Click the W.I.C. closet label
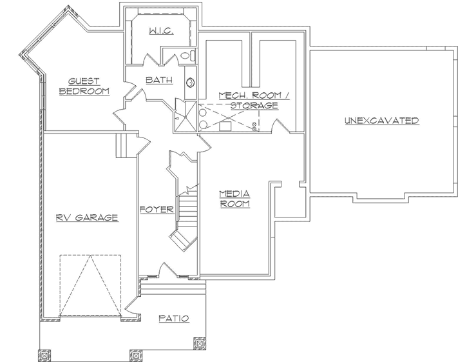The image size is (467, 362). coord(159,30)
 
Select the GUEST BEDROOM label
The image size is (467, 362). coord(84,86)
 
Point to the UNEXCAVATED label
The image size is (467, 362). coord(381,121)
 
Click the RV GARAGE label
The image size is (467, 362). coord(87,217)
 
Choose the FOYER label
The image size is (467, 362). coord(157,210)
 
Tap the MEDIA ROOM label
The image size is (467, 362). coord(234,198)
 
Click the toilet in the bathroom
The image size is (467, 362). coord(187,57)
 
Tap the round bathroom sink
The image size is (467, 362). coord(191,82)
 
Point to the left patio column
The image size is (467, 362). coord(44,354)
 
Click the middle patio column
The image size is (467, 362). coord(135,354)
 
